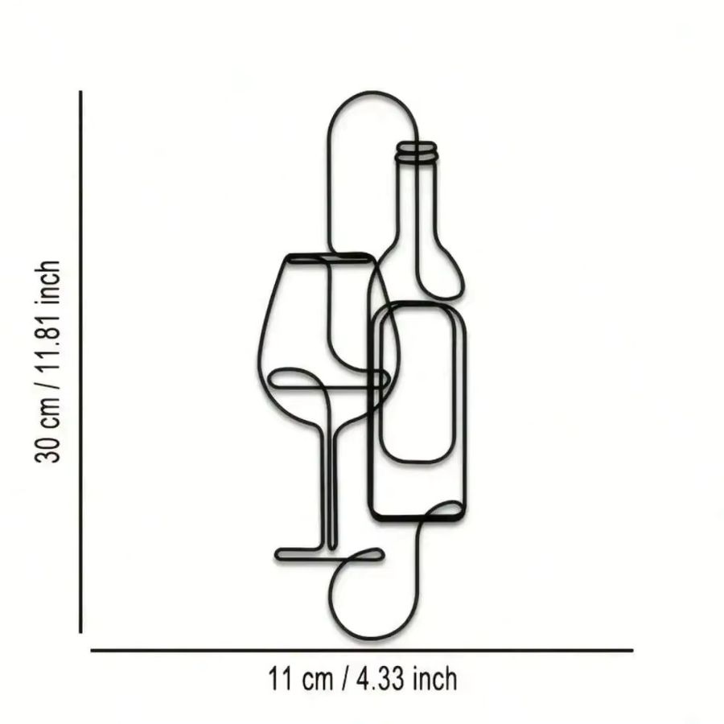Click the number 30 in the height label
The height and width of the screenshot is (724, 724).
tap(47, 447)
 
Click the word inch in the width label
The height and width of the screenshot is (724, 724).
tap(435, 679)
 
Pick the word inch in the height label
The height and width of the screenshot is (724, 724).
tap(47, 282)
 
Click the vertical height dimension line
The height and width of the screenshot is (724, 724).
tap(80, 361)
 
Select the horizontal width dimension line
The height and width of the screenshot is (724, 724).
tap(361, 650)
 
